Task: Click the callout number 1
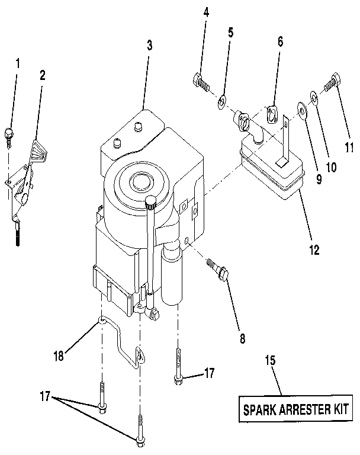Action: (17, 62)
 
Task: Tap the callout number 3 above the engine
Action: (149, 45)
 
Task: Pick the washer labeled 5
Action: (221, 101)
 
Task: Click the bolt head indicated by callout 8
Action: (224, 274)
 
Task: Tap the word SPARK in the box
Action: (258, 409)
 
